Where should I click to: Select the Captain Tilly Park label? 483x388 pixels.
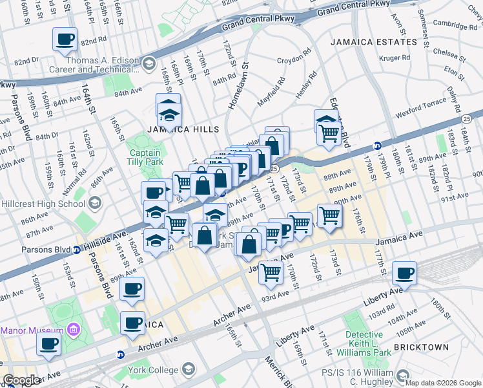[145, 158]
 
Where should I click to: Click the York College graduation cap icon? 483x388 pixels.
[188, 369]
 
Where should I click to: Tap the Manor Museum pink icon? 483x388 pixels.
[72, 330]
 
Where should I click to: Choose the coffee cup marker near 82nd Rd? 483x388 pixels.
[65, 39]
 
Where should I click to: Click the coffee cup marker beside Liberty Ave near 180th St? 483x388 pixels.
[405, 273]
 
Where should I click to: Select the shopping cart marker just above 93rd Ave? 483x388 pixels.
[271, 272]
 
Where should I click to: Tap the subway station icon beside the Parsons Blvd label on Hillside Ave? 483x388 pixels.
[76, 249]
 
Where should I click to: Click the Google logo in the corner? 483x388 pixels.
[21, 380]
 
